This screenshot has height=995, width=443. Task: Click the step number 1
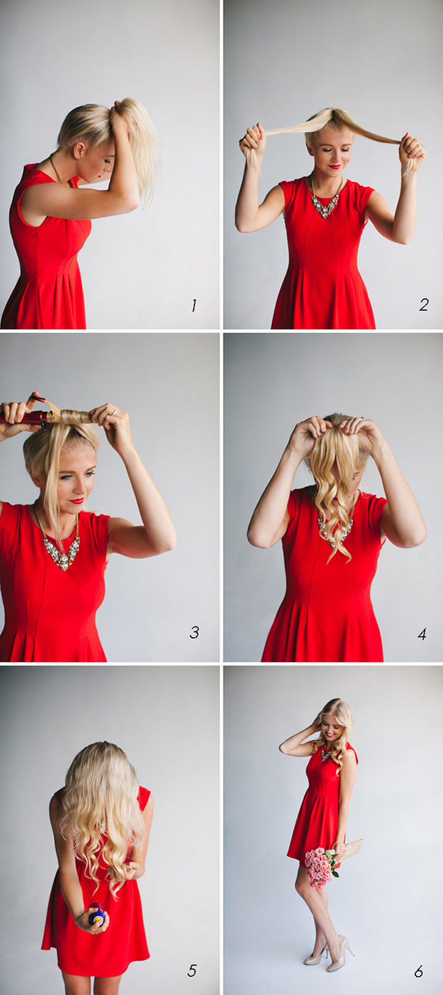click(x=194, y=305)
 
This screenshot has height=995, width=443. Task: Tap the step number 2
click(x=424, y=305)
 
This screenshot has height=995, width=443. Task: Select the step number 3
click(x=194, y=632)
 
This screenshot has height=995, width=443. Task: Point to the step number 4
click(x=422, y=634)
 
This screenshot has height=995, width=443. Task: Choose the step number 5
click(x=192, y=970)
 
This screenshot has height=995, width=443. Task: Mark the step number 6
click(x=418, y=972)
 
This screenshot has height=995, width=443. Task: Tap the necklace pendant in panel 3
click(x=62, y=552)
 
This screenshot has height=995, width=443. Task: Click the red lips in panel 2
click(x=335, y=167)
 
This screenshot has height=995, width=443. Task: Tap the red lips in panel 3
click(x=76, y=501)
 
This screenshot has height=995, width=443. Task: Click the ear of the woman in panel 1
click(x=79, y=150)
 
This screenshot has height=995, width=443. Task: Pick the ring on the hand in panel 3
click(x=114, y=412)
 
